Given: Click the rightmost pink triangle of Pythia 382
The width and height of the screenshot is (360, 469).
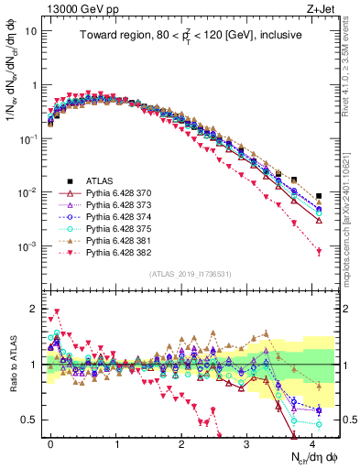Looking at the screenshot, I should (x=319, y=252).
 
